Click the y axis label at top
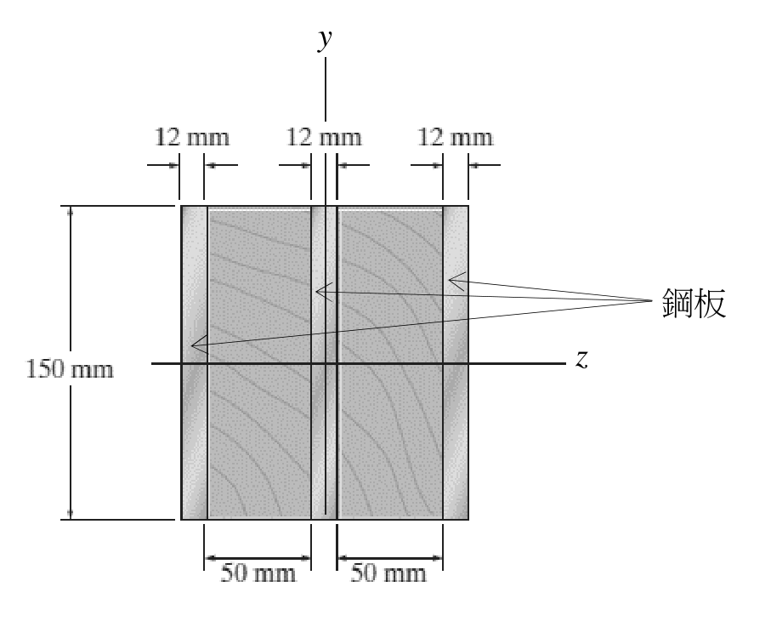pos(325,39)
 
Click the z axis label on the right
pos(581,359)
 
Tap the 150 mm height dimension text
pos(70,369)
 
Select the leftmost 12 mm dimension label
pos(192,137)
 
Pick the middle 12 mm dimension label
pos(324,137)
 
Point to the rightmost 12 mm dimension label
pos(455,137)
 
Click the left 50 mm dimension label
pos(258,573)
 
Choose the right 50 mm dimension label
pos(388,573)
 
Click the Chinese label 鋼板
pos(694,303)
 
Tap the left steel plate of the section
pos(194,362)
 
